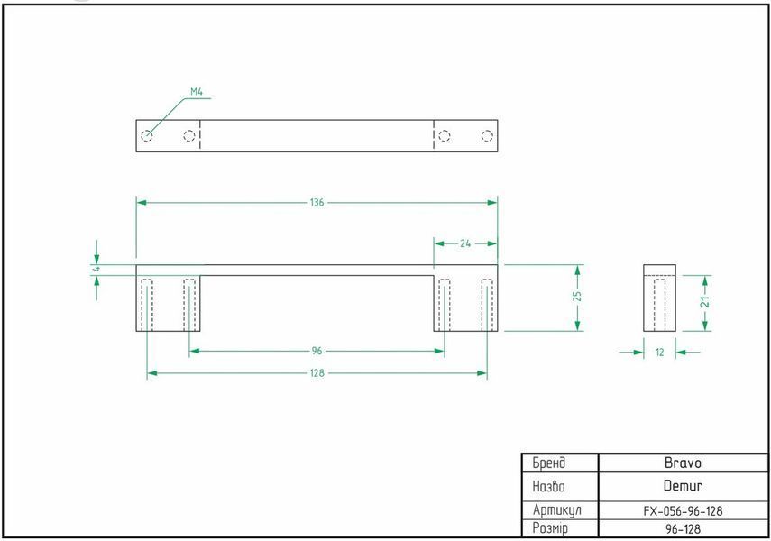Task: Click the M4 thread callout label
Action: coord(197,91)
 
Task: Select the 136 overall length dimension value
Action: coord(317,202)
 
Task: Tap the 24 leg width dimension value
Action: coord(465,243)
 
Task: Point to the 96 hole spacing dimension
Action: coord(317,351)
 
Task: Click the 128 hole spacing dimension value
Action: coord(317,372)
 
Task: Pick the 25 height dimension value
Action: coord(577,296)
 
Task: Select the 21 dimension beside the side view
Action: coord(705,301)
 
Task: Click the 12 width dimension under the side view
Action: coord(660,353)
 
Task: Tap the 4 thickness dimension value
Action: coord(96,269)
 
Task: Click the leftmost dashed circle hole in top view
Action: coord(147,135)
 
